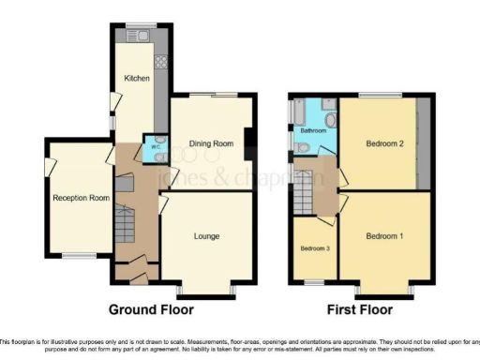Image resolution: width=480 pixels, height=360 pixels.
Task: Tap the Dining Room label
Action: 212,143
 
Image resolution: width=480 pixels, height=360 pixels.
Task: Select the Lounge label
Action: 206,236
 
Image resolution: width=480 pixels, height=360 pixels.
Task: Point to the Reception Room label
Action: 77,198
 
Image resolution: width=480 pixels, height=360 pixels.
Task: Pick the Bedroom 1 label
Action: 384,235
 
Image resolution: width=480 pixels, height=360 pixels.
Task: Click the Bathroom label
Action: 313,131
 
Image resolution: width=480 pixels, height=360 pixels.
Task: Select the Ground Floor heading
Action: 151,309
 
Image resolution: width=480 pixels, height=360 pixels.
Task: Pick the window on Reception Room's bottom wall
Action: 79,255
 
